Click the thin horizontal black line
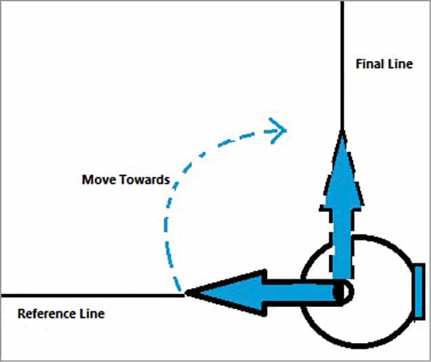coord(88,296)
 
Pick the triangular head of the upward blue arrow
coord(344,169)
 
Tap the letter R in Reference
coord(21,314)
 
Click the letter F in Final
coord(358,64)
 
